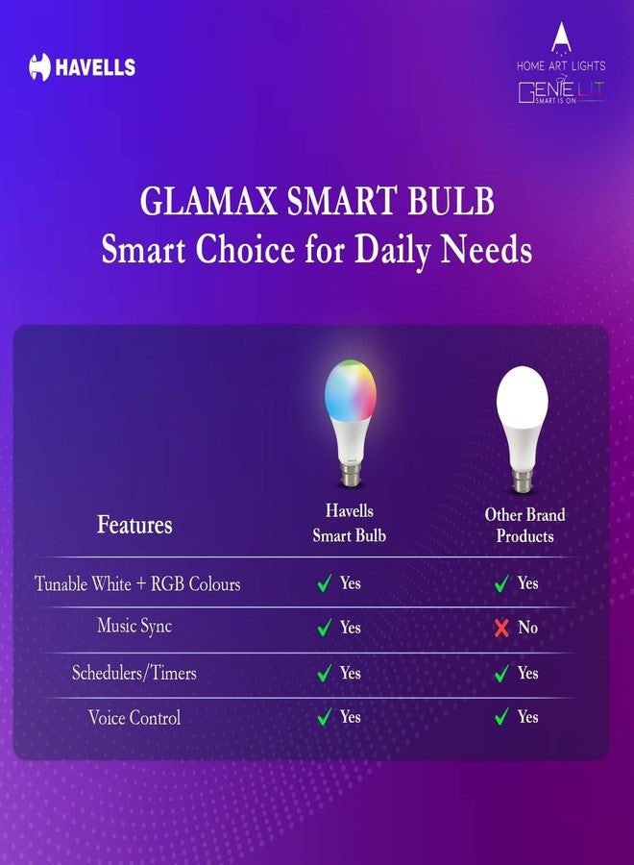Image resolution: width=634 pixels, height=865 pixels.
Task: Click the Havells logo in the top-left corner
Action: pyautogui.click(x=83, y=67)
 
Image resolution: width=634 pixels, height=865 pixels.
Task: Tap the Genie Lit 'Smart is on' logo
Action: pyautogui.click(x=561, y=92)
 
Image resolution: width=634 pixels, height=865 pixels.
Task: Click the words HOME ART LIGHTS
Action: pyautogui.click(x=561, y=65)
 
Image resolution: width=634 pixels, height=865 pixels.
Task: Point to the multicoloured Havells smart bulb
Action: pyautogui.click(x=350, y=423)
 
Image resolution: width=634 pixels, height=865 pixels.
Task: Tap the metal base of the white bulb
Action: pyautogui.click(x=522, y=482)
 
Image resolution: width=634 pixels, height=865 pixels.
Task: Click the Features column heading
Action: pyautogui.click(x=134, y=525)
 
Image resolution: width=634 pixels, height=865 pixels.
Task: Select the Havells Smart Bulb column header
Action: pyautogui.click(x=349, y=523)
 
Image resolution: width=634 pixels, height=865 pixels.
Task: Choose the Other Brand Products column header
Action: pyautogui.click(x=524, y=525)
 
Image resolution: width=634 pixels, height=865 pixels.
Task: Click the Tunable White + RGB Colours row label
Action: pyautogui.click(x=137, y=583)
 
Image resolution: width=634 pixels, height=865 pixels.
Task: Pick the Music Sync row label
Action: pyautogui.click(x=134, y=627)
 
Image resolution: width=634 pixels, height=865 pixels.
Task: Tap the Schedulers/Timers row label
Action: pyautogui.click(x=134, y=673)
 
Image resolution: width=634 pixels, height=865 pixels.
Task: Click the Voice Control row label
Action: pyautogui.click(x=134, y=717)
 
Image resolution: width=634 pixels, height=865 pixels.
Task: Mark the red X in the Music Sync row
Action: pyautogui.click(x=501, y=628)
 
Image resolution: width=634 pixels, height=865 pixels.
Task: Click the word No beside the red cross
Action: pyautogui.click(x=527, y=628)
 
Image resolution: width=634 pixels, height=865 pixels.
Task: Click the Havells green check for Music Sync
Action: pyautogui.click(x=325, y=628)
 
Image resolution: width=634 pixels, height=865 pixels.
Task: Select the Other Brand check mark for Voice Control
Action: pyautogui.click(x=501, y=717)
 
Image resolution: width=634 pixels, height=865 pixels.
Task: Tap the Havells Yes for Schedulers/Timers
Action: pyautogui.click(x=350, y=673)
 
